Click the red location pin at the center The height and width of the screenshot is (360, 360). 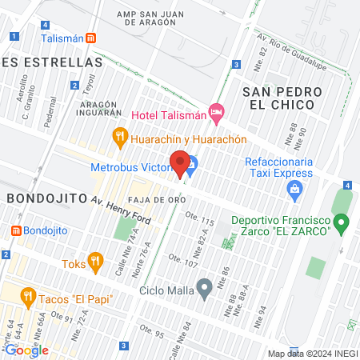(x=181, y=163)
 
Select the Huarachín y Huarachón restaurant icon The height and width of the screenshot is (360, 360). (x=120, y=136)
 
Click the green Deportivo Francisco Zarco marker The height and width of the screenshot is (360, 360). (x=342, y=221)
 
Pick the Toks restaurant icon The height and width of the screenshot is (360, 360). (x=95, y=261)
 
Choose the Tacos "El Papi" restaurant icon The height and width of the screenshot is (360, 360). (x=29, y=298)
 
